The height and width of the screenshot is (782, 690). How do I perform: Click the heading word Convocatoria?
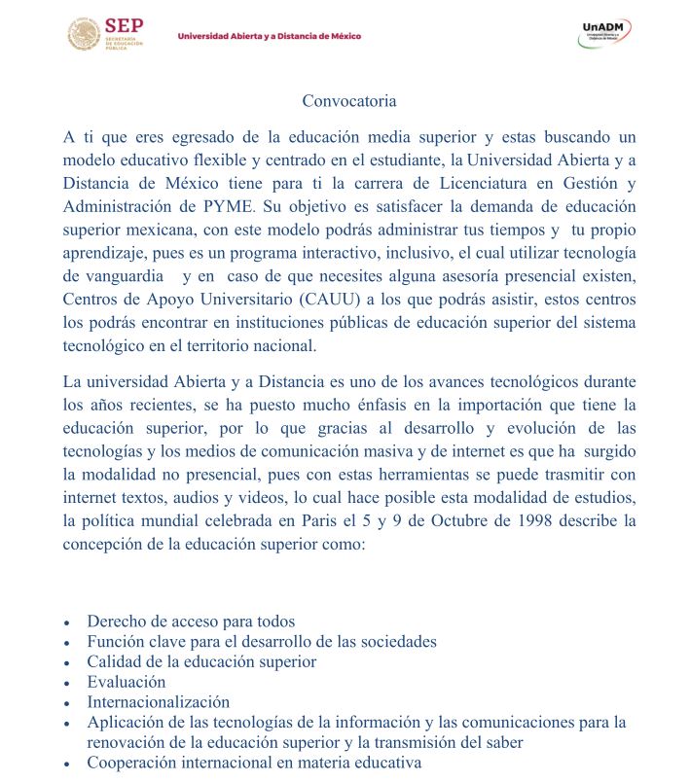click(349, 100)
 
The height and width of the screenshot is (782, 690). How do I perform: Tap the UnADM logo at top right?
click(605, 34)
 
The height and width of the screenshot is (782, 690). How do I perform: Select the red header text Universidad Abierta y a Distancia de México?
click(269, 36)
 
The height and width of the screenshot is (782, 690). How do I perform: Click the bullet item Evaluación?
click(127, 682)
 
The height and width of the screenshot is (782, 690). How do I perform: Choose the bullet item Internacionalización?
click(158, 701)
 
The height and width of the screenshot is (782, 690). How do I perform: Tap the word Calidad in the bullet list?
click(114, 661)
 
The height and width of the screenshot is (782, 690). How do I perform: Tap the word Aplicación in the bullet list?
click(127, 722)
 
